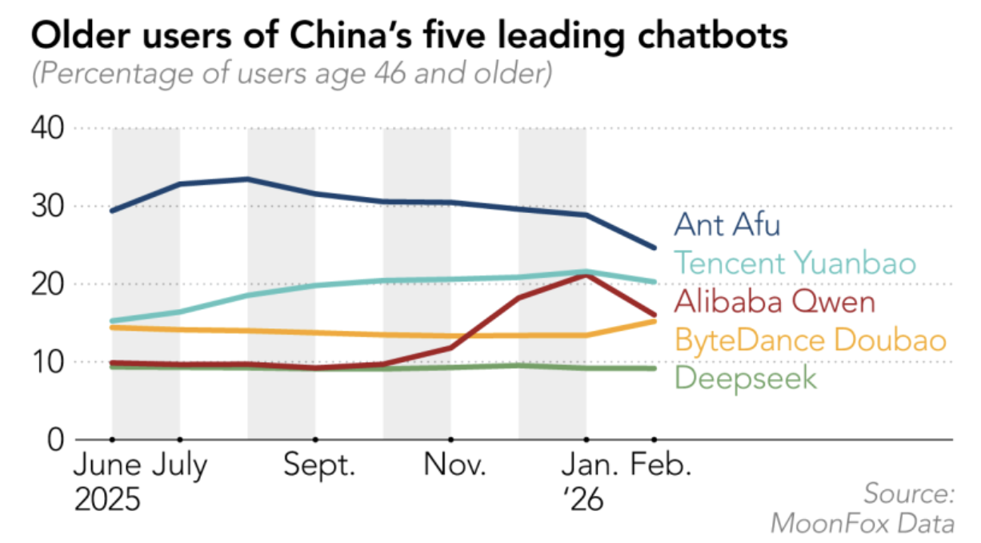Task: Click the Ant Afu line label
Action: pyautogui.click(x=727, y=224)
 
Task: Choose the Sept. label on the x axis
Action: pyautogui.click(x=319, y=466)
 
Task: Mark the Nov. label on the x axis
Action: pyautogui.click(x=454, y=466)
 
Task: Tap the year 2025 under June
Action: pyautogui.click(x=108, y=500)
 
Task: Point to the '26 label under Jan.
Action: pyautogui.click(x=583, y=500)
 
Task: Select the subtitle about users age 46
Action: pyautogui.click(x=291, y=76)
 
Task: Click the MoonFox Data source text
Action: pyautogui.click(x=863, y=524)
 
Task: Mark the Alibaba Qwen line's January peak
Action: pyautogui.click(x=587, y=276)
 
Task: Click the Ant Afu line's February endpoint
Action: pyautogui.click(x=654, y=247)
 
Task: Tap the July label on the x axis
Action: pyautogui.click(x=180, y=466)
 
